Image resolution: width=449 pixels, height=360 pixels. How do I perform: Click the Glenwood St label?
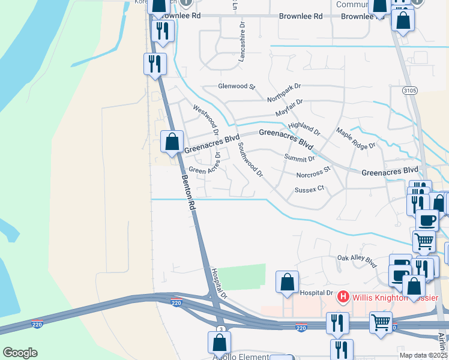(237, 86)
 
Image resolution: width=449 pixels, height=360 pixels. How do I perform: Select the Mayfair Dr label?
(289, 108)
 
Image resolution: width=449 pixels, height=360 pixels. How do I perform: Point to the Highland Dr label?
(304, 128)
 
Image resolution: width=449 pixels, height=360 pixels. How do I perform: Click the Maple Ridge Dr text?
(355, 139)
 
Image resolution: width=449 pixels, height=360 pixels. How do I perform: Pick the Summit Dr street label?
(299, 158)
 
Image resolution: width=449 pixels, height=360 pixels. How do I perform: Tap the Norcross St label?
(313, 173)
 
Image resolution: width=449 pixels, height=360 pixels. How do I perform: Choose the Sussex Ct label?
(309, 189)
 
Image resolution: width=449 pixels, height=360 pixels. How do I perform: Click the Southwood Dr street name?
(250, 160)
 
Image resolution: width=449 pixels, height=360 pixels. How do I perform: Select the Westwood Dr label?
(206, 119)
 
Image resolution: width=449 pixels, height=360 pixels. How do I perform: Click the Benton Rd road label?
(189, 192)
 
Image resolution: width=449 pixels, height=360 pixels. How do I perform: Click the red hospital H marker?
(343, 296)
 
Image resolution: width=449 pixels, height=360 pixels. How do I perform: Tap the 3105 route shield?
(410, 90)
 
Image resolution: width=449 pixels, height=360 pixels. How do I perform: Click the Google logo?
(20, 353)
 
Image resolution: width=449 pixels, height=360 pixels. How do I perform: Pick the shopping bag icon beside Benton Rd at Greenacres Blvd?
(172, 142)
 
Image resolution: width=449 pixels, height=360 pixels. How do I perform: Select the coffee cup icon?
(427, 220)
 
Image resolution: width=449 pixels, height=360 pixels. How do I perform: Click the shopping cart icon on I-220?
(381, 322)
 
